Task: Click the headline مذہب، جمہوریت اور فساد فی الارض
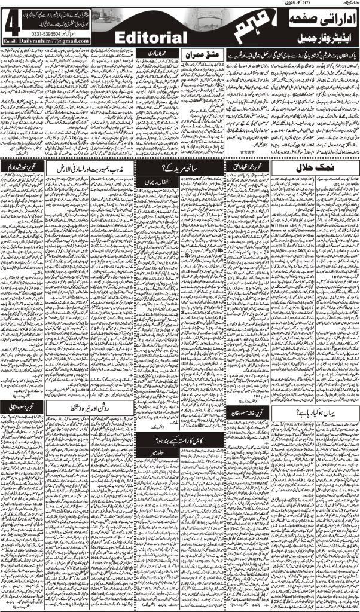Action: [85, 166]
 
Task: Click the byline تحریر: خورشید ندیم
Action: [18, 166]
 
